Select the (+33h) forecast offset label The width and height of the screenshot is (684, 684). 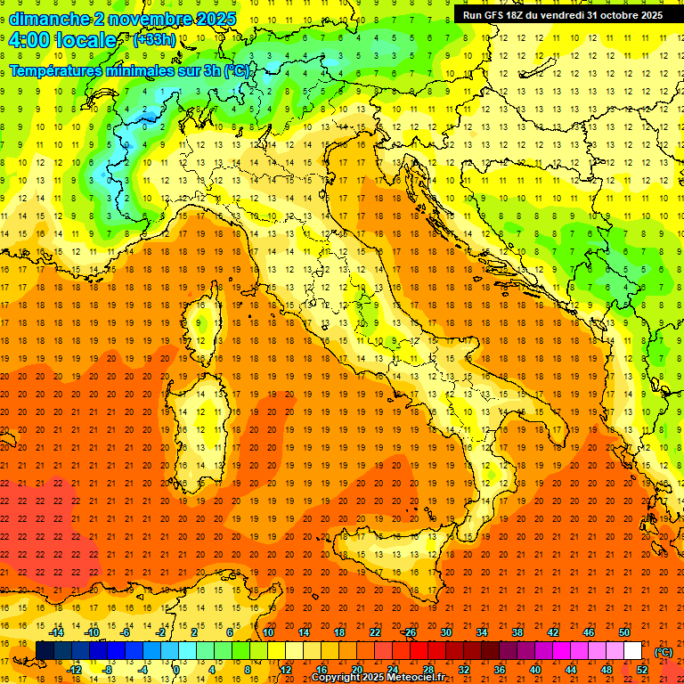(154, 40)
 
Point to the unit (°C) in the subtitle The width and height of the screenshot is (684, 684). (236, 70)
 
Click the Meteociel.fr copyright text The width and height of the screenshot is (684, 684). (378, 677)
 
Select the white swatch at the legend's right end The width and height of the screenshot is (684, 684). (632, 651)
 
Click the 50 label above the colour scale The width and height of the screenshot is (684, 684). (624, 632)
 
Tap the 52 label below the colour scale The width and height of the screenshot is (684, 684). (642, 670)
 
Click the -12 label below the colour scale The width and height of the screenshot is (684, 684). (74, 670)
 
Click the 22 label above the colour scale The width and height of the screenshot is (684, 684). (375, 632)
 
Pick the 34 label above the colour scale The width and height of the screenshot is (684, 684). (482, 632)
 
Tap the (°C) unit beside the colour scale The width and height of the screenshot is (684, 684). (664, 652)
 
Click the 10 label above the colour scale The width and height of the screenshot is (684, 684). (267, 632)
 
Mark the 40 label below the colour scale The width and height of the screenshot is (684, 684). (535, 670)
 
